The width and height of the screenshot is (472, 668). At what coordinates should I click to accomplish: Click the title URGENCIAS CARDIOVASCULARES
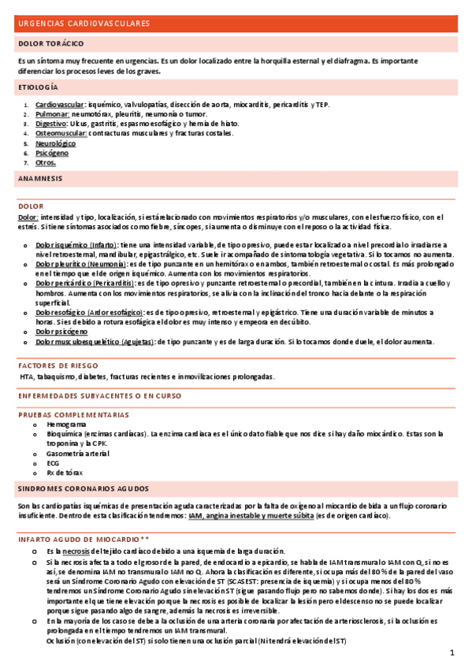84,24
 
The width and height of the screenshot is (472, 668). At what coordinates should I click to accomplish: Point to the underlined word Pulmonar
52,114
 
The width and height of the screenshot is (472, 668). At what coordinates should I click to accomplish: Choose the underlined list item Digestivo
51,124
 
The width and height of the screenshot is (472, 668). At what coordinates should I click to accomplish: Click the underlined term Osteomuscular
61,133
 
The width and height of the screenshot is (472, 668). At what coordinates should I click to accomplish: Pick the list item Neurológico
55,143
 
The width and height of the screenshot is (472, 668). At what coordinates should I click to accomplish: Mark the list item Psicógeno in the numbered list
52,153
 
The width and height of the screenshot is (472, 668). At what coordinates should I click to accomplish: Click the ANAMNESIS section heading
40,179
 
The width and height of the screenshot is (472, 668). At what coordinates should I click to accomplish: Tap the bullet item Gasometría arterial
79,455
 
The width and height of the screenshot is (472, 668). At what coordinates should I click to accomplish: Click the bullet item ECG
53,464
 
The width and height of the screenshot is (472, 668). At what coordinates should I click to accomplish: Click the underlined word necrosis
76,551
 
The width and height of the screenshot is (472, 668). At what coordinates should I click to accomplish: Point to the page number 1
453,653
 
